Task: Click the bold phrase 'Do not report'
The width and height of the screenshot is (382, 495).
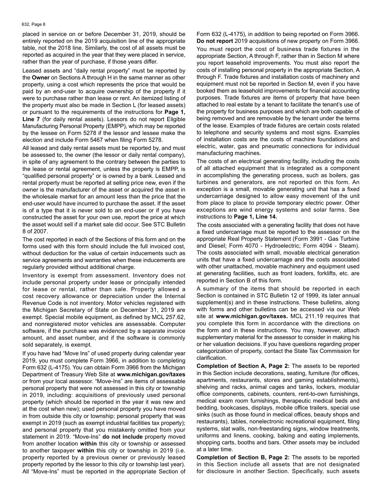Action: (x=214, y=41)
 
